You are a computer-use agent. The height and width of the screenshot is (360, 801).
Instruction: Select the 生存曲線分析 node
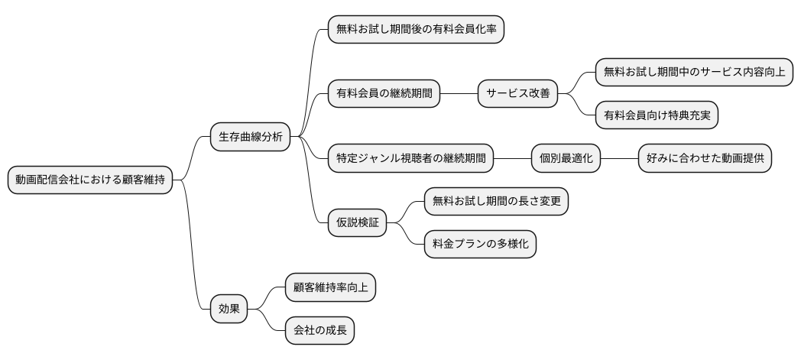pos(251,138)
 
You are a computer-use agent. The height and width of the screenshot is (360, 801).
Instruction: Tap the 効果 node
pos(229,310)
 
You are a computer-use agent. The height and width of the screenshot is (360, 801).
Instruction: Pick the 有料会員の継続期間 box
pos(384,94)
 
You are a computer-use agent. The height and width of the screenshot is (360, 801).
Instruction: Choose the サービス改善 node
pos(517,94)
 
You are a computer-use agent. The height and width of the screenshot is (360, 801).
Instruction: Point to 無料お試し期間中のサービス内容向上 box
pos(693,73)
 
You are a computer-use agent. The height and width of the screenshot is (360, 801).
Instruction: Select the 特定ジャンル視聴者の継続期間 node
pos(410,159)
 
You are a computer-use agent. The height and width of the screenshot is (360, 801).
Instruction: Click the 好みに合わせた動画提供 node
pos(705,159)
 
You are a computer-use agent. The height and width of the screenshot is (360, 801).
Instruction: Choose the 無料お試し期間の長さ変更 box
pos(496,202)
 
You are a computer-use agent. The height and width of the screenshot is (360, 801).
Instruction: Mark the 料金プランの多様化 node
pos(480,245)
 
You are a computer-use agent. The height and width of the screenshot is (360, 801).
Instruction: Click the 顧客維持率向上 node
pos(330,288)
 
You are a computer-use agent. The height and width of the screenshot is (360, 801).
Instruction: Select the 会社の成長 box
pos(319,331)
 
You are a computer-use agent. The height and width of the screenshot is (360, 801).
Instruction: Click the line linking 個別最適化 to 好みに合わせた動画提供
pos(620,159)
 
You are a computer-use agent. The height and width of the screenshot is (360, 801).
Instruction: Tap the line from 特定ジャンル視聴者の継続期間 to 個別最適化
pos(512,159)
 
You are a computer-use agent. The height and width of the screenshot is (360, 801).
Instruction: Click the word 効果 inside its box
pos(229,310)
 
